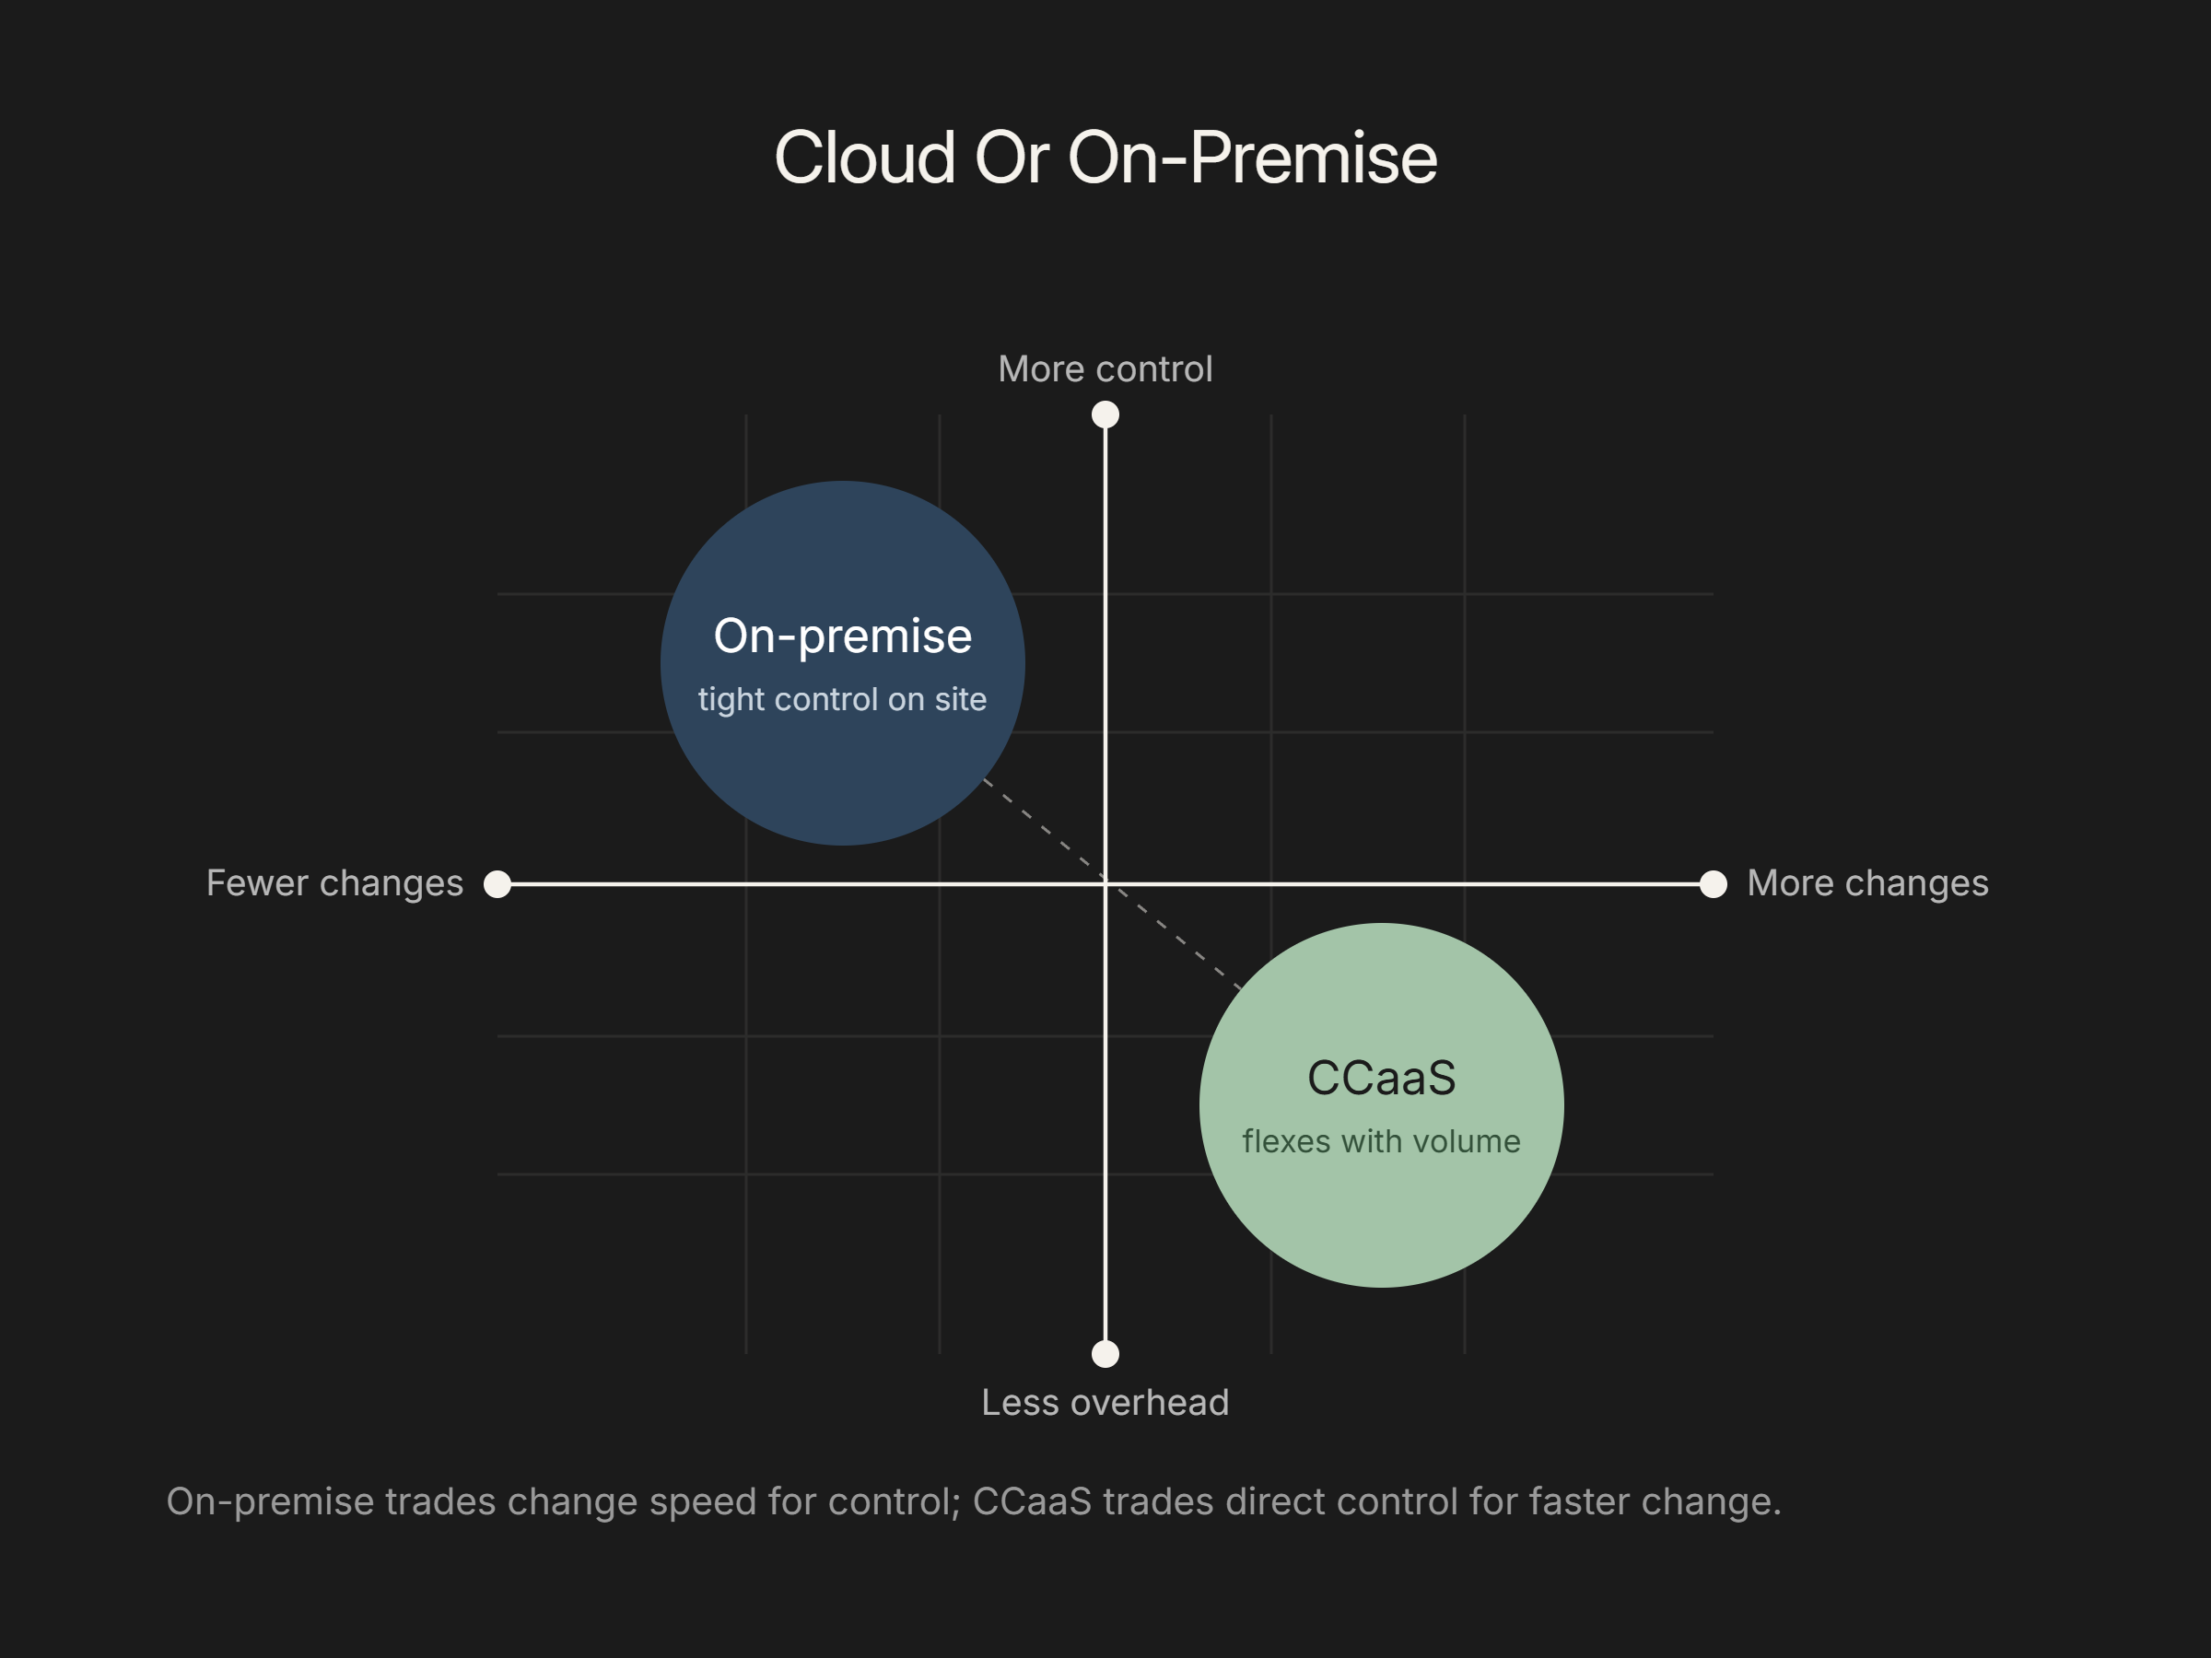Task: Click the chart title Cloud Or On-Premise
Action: pos(1105,158)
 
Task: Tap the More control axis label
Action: pos(1105,368)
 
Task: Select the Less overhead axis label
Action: pos(1105,1402)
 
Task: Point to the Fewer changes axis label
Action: pos(334,883)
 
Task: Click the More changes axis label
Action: pos(1868,883)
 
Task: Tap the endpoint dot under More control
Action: pos(1105,414)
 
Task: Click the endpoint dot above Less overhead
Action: pos(1105,1354)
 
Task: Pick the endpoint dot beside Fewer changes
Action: pos(497,884)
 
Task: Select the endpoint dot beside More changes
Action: pos(1714,884)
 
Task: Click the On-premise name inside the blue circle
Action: pos(843,636)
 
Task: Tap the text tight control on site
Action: pos(843,699)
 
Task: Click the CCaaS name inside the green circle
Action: pos(1381,1079)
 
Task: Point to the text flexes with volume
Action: pos(1381,1141)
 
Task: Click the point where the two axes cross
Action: pos(1105,884)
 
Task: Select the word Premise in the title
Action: pos(1314,158)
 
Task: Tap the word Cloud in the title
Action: pos(866,158)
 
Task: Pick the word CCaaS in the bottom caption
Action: pos(1033,1502)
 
